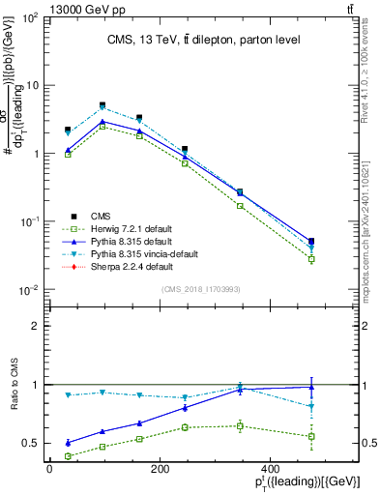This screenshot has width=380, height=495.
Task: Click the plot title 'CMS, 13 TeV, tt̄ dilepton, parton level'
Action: [x=203, y=40]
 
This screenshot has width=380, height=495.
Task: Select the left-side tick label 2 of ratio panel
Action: [x=37, y=326]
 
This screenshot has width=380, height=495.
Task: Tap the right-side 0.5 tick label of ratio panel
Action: [x=359, y=443]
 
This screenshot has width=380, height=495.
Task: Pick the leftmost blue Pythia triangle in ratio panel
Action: [x=68, y=442]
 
